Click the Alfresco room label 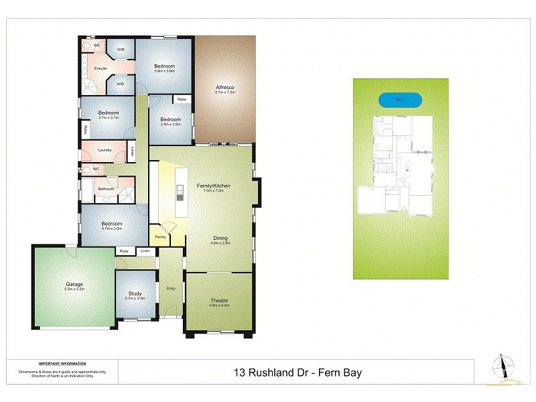[224, 87]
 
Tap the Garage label [74, 284]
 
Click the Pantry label [160, 237]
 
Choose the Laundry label [105, 150]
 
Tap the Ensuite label [101, 68]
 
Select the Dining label [221, 238]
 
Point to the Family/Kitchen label [214, 185]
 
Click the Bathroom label [106, 189]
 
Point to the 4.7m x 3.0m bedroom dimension [111, 228]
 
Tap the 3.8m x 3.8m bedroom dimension [164, 70]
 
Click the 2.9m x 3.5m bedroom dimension [171, 124]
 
